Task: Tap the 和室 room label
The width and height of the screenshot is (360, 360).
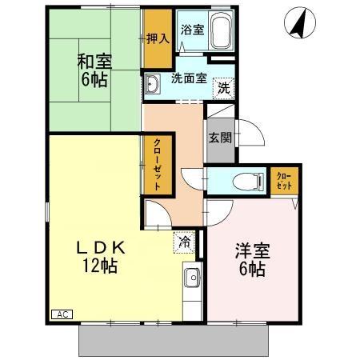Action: click(94, 60)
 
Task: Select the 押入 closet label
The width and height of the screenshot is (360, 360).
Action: click(157, 38)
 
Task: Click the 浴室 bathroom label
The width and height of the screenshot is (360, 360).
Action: click(191, 30)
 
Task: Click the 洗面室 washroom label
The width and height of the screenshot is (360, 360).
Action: click(189, 78)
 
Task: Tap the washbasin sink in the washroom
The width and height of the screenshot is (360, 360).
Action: click(154, 84)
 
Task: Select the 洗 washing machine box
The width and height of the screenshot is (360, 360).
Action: click(225, 86)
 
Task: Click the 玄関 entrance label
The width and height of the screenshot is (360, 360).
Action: click(220, 137)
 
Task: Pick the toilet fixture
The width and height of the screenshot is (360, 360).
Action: click(247, 181)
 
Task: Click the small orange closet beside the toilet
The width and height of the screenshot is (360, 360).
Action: click(283, 180)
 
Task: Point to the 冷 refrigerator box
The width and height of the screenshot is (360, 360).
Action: click(185, 239)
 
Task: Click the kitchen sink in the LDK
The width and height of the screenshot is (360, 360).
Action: click(191, 280)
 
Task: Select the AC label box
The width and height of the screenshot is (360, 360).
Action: click(60, 314)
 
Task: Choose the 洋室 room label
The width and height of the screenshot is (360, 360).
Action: click(252, 250)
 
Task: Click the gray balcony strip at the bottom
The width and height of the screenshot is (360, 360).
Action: click(172, 342)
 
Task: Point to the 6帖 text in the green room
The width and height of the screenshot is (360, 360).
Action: click(94, 80)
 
